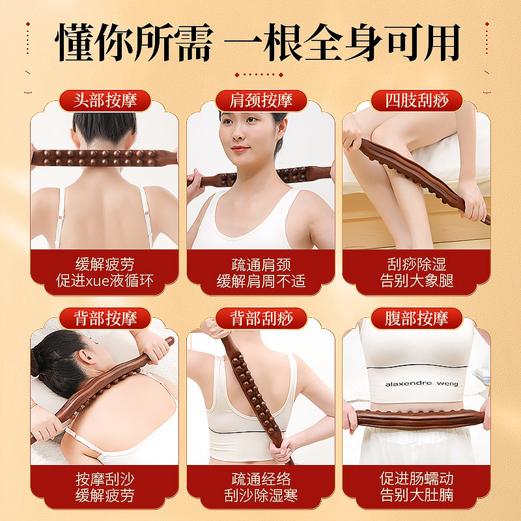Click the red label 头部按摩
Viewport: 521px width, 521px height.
coord(104,101)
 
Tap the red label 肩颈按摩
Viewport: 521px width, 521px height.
coord(260,101)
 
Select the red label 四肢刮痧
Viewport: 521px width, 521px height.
coord(416,101)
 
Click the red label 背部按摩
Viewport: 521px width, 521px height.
coord(104,318)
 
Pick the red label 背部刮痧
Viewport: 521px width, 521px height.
coord(260,318)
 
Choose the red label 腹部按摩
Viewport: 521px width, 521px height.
coord(416,318)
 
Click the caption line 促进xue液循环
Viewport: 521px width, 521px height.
coord(104,282)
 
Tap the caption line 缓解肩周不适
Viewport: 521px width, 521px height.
coord(260,282)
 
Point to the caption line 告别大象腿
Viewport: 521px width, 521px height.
coord(416,281)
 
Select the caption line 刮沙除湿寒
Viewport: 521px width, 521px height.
coord(260,496)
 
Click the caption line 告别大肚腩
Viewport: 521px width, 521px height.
coord(416,496)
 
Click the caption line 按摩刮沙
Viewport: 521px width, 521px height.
coord(104,479)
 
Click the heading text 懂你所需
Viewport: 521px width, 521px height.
coord(134,42)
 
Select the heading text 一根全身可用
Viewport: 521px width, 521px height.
coord(342,42)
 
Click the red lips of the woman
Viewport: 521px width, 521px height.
coord(240,148)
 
